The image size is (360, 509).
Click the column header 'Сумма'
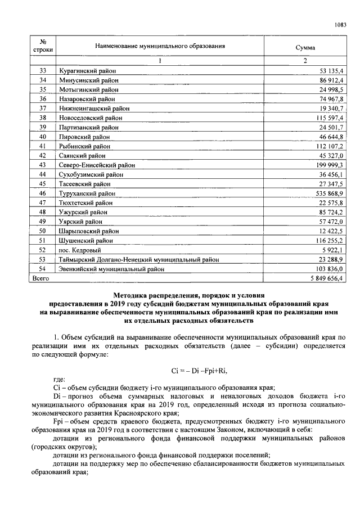tap(305, 48)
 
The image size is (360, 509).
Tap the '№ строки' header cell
tap(43, 45)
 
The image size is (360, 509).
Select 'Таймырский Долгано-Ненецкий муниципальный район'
tap(138, 260)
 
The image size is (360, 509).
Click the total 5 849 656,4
tap(325, 278)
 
